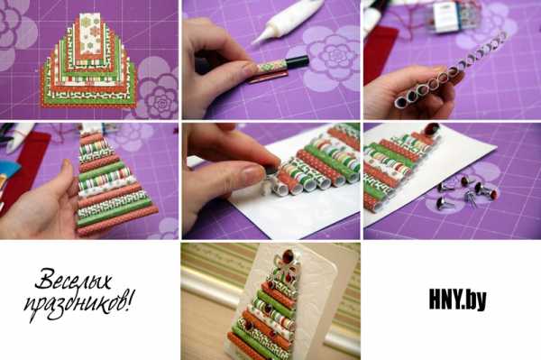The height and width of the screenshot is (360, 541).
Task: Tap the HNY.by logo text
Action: (458, 300)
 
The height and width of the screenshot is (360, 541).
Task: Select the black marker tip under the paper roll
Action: (296, 61)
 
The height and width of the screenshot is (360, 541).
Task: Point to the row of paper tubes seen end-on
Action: (448, 70)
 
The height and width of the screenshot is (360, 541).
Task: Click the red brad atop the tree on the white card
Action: (431, 129)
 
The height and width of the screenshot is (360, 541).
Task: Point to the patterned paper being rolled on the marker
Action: (272, 66)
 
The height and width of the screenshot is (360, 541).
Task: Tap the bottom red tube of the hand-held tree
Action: (117, 222)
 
